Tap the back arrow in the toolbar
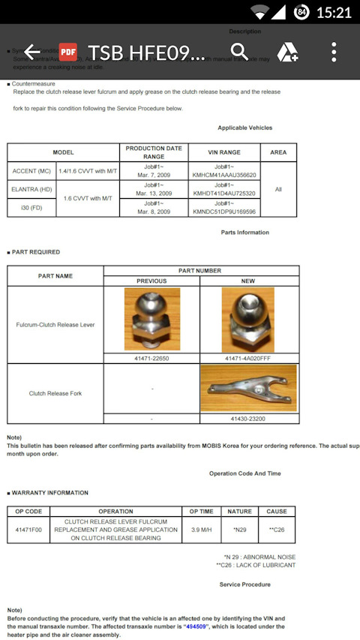click(32, 52)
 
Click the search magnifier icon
click(239, 52)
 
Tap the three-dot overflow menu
click(334, 52)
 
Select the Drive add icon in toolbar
click(288, 52)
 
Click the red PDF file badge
click(68, 52)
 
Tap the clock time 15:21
click(334, 12)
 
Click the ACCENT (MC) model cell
click(31, 171)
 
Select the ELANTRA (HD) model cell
click(31, 189)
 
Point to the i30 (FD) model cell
click(31, 208)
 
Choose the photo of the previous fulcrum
click(151, 320)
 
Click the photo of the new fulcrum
click(249, 320)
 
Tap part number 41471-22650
click(151, 358)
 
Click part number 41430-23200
click(249, 418)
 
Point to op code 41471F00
click(28, 529)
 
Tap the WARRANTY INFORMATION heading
click(51, 493)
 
